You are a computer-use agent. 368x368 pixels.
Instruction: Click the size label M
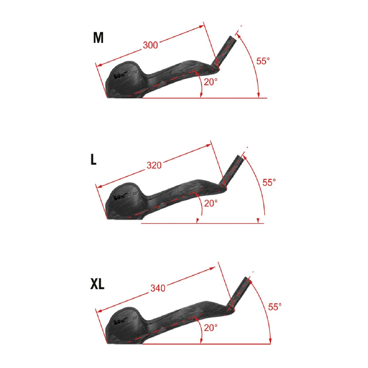pyautogui.click(x=98, y=38)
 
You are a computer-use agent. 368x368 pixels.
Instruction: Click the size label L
pyautogui.click(x=93, y=160)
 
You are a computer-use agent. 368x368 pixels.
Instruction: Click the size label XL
pyautogui.click(x=97, y=284)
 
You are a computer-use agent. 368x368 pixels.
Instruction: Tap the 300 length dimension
pyautogui.click(x=150, y=45)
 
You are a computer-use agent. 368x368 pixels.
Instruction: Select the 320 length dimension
pyautogui.click(x=154, y=165)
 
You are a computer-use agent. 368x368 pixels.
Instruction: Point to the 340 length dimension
pyautogui.click(x=158, y=288)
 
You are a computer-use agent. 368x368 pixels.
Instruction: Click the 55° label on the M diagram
pyautogui.click(x=263, y=61)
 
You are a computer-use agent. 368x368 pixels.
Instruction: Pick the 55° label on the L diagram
pyautogui.click(x=269, y=182)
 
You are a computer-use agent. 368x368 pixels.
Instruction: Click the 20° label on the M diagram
pyautogui.click(x=211, y=82)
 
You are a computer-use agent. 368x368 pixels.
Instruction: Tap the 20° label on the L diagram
pyautogui.click(x=211, y=203)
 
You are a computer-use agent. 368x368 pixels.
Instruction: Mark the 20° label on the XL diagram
pyautogui.click(x=211, y=327)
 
